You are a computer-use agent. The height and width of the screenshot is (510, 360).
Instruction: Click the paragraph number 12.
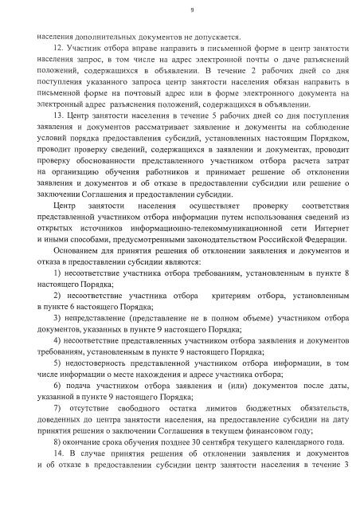tap(57, 49)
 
